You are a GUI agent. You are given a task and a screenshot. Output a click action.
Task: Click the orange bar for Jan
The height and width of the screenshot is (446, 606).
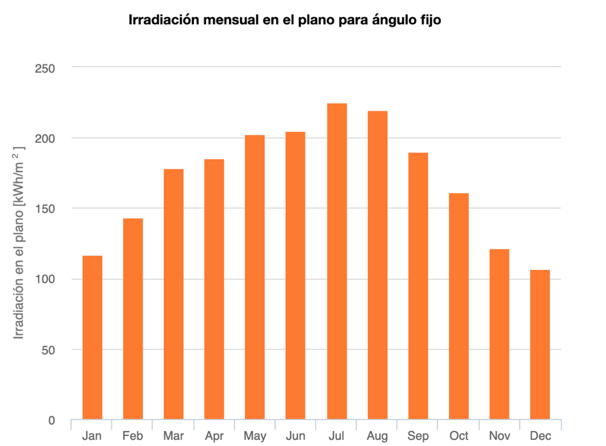pos(92,338)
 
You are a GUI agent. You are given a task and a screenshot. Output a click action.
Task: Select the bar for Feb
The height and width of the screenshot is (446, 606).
pos(133,319)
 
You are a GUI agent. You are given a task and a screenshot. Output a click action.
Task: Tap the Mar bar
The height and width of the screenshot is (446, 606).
pos(173,294)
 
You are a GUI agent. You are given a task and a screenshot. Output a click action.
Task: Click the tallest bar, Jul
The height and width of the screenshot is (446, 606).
pos(337,261)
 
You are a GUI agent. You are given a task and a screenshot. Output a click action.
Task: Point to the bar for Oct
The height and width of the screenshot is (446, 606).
pos(459,306)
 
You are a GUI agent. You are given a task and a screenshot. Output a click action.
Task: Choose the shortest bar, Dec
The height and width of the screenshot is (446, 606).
pos(540,345)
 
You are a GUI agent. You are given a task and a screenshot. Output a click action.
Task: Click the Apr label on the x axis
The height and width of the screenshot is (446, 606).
pos(214,436)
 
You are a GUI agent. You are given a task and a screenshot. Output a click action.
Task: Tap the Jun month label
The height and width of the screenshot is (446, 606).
pos(295,436)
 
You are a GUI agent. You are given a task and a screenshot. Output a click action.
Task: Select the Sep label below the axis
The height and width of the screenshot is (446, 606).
pos(418,436)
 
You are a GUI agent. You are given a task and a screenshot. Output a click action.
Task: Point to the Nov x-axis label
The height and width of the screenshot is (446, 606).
pos(499,436)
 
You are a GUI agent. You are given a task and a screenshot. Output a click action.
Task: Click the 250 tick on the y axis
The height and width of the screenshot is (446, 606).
pos(45,68)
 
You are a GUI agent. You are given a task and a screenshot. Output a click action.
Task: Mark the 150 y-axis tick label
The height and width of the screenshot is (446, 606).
pos(45,209)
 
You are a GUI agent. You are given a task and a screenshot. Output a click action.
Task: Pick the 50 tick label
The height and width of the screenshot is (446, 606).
pos(48,350)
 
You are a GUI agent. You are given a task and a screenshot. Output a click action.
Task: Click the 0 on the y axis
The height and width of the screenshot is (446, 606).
pos(52,421)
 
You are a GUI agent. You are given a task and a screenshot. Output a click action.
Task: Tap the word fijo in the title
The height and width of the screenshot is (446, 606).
pos(430,21)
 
